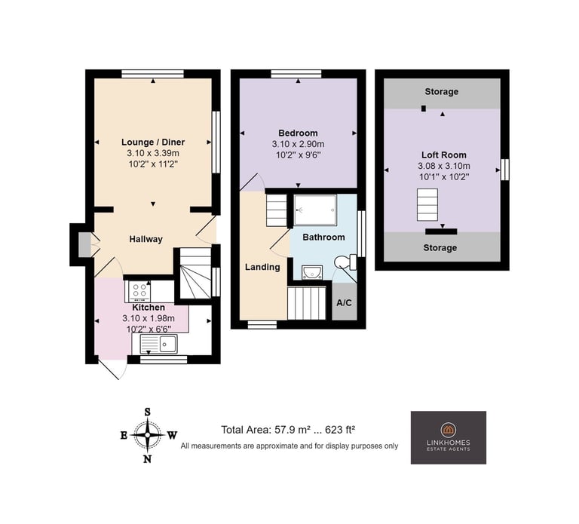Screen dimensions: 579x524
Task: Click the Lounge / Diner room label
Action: [x=153, y=142]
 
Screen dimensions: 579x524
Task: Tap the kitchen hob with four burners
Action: [x=139, y=290]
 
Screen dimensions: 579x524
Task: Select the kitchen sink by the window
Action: [x=159, y=344]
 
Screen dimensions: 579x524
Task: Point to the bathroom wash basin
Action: [x=312, y=272]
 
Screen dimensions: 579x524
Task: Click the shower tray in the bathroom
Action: [x=315, y=210]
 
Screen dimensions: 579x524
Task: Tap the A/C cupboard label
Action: [x=344, y=303]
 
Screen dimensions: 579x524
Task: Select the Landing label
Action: [x=262, y=267]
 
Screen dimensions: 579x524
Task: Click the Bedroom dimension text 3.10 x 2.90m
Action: [x=298, y=144]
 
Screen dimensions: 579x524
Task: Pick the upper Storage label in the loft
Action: [x=441, y=91]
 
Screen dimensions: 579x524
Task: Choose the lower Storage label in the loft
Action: [x=440, y=248]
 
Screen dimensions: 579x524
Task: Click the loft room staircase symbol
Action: [x=427, y=205]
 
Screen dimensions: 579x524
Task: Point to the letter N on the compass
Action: [x=147, y=459]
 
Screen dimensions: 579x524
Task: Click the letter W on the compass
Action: [x=172, y=435]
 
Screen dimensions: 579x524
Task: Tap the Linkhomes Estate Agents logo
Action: [x=449, y=437]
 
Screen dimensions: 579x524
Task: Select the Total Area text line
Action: [x=288, y=430]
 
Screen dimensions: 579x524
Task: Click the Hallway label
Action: [x=146, y=239]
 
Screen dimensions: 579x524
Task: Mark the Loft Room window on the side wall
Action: [x=505, y=170]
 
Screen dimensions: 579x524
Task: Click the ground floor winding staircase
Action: [x=195, y=273]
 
